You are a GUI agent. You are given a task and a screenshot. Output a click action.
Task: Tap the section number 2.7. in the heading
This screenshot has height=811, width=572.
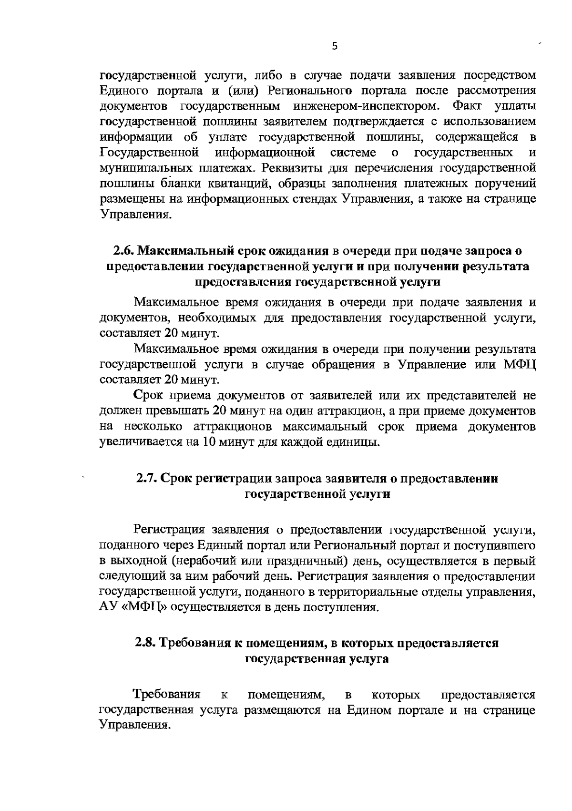tap(147, 478)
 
